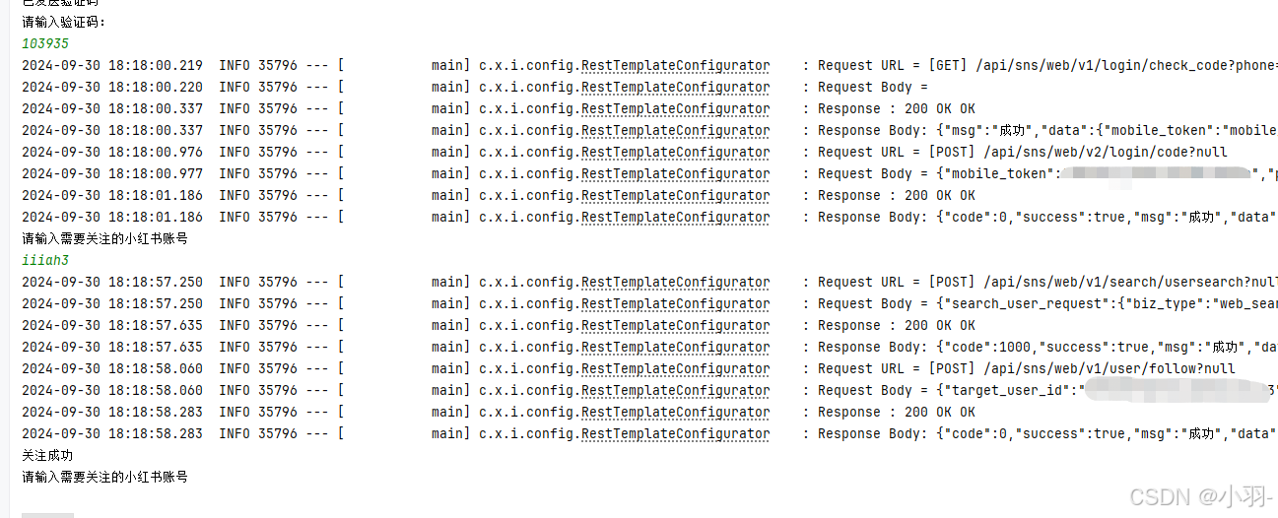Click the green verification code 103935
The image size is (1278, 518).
pyautogui.click(x=45, y=44)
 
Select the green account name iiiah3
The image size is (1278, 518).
pyautogui.click(x=45, y=260)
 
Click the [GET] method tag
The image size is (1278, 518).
pyautogui.click(x=948, y=66)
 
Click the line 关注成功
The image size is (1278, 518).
pyautogui.click(x=47, y=456)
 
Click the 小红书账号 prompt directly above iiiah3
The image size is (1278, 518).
pyautogui.click(x=104, y=238)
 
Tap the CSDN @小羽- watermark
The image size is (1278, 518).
pyautogui.click(x=1202, y=496)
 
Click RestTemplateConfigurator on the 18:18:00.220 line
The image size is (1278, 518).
pyautogui.click(x=675, y=88)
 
